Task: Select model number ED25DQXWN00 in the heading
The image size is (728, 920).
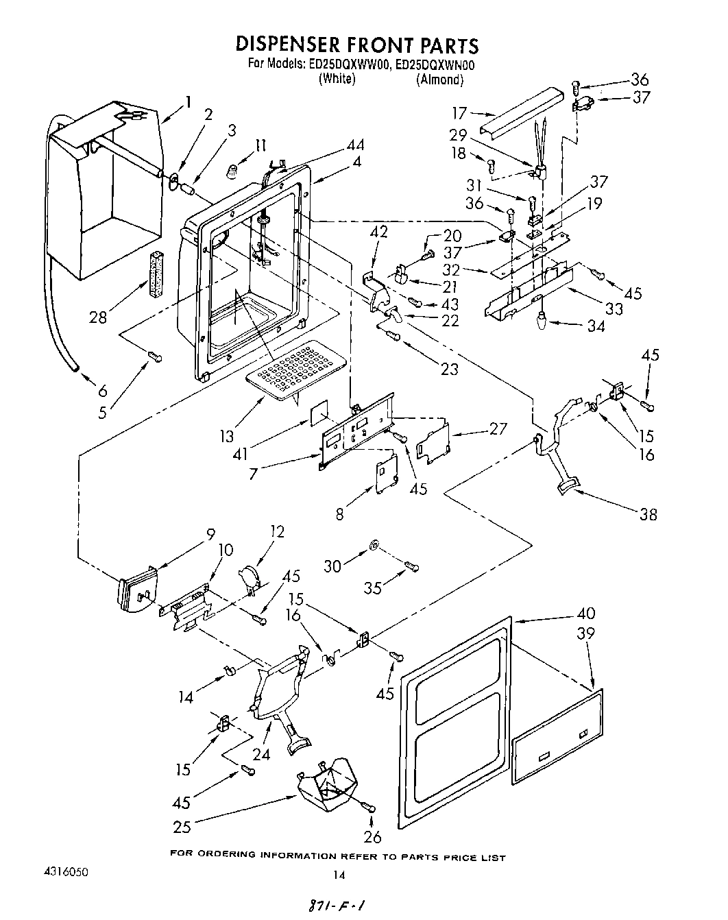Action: point(436,65)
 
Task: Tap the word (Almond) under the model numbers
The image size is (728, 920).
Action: point(439,80)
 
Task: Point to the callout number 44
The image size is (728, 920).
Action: point(355,145)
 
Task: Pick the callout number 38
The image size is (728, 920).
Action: point(646,513)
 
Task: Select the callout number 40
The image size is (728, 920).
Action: point(586,613)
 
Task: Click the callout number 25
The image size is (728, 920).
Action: point(182,827)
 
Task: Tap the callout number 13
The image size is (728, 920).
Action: point(227,436)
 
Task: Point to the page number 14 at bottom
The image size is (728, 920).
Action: point(337,874)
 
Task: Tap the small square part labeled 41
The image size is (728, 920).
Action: point(318,414)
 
